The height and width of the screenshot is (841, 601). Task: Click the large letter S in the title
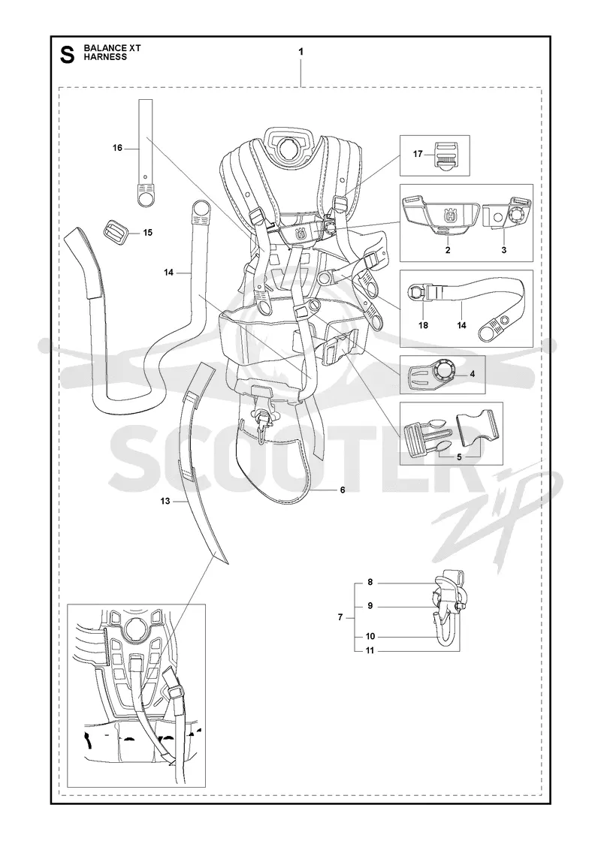(67, 55)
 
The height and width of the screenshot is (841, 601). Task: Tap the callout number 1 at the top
(301, 52)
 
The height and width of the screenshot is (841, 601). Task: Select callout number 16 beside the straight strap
(117, 148)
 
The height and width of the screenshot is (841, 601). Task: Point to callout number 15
(147, 233)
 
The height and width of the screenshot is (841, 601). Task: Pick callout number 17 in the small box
(418, 155)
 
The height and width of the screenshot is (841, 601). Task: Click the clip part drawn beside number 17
(446, 155)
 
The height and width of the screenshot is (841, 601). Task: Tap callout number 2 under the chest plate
(448, 250)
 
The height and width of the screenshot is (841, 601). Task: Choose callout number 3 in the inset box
(503, 250)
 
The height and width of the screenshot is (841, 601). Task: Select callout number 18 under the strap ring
(423, 325)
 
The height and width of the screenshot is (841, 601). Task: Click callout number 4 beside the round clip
(473, 374)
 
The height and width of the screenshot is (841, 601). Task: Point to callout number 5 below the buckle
(459, 457)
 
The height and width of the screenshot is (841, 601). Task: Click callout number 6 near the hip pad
(343, 490)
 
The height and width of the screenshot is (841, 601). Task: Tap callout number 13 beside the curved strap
(165, 501)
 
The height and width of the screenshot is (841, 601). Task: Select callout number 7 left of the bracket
(340, 617)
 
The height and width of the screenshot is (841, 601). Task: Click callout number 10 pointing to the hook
(370, 637)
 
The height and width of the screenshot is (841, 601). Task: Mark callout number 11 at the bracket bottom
(370, 650)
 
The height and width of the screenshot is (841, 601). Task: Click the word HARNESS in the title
(105, 57)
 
